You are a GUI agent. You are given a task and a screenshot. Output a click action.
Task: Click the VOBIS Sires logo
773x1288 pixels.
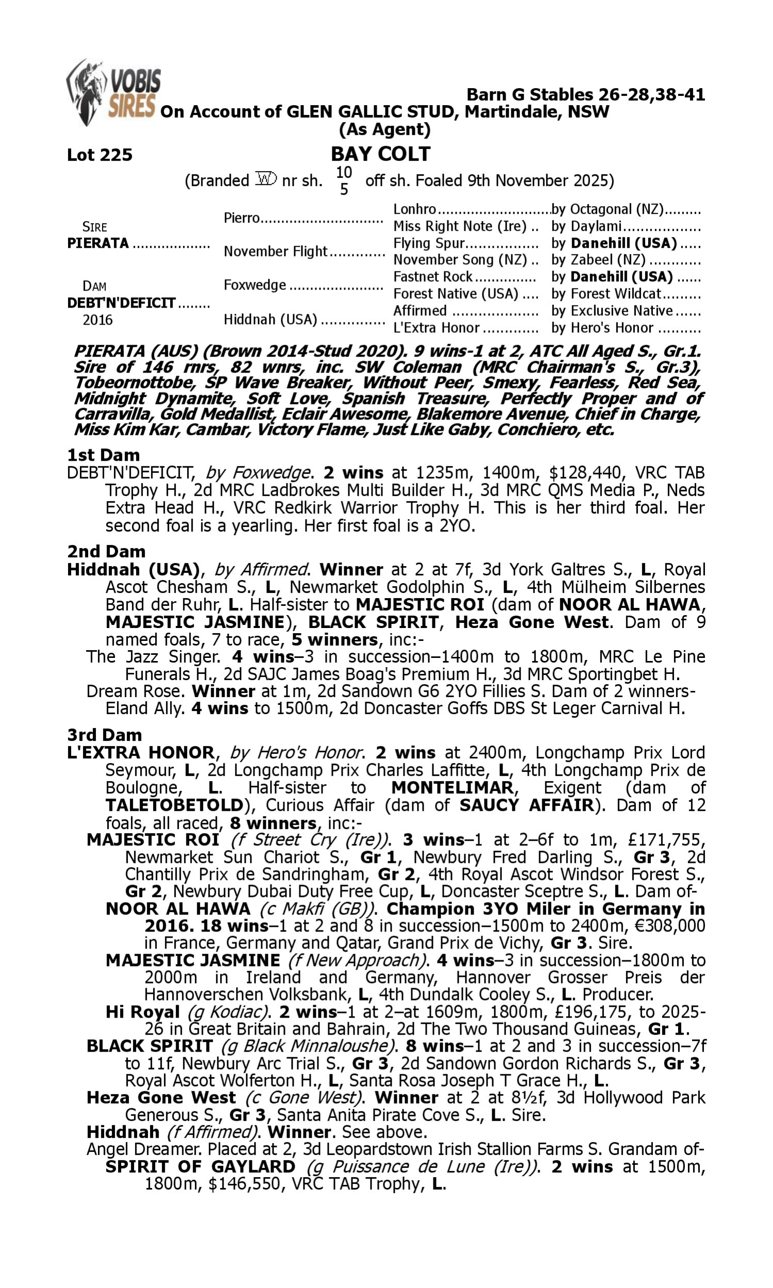tap(113, 92)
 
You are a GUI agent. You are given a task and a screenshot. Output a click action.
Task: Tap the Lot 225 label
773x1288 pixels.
tap(99, 155)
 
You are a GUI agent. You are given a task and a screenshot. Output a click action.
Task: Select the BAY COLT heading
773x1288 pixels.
tap(380, 154)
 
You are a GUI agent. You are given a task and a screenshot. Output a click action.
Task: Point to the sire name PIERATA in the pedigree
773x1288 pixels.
tap(98, 243)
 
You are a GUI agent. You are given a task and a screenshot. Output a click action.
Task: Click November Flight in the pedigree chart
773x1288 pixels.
tap(275, 251)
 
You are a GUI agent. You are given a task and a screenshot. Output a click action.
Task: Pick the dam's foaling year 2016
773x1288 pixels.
tap(97, 319)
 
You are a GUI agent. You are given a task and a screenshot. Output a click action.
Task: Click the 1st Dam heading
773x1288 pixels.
tap(103, 454)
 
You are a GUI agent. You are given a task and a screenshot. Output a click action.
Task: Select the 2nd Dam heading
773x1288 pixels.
tap(106, 551)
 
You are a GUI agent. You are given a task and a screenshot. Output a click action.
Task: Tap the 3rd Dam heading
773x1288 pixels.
tap(104, 735)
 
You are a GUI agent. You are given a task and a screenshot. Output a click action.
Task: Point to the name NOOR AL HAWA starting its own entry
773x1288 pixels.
tap(178, 908)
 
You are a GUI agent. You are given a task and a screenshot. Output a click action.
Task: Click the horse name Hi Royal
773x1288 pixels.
tap(142, 1011)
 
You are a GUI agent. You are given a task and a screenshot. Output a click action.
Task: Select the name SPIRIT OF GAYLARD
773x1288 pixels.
tap(200, 1166)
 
